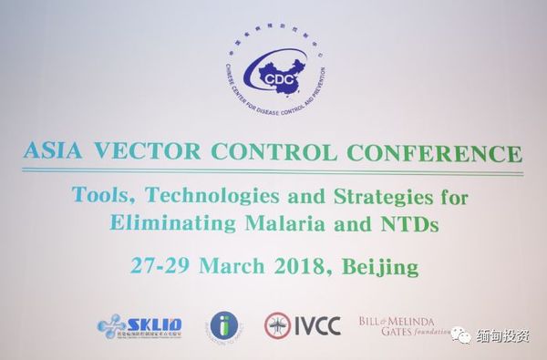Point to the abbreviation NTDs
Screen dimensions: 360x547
tap(401, 221)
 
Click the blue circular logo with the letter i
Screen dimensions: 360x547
tap(223, 324)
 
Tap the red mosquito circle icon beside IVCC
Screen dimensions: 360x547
tap(278, 324)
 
